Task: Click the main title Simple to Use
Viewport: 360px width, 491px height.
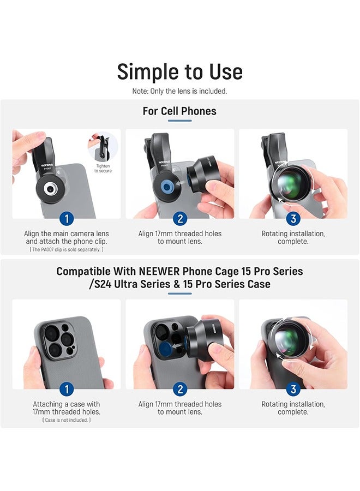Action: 179,71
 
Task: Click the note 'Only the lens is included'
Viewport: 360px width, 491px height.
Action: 179,91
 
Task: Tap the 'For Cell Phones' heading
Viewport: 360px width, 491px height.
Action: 179,111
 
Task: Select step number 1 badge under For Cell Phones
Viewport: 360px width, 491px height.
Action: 67,219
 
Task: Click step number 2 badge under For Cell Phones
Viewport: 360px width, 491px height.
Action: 180,219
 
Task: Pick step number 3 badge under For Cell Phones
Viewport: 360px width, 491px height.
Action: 293,219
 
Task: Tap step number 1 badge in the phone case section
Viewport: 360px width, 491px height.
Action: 67,389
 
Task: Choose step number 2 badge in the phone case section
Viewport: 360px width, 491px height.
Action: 180,389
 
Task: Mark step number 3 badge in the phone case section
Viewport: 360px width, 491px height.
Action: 293,389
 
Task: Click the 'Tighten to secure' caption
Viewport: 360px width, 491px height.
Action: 103,168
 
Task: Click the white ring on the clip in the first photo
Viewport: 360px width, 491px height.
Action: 50,189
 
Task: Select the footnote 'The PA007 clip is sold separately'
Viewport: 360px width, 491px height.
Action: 67,249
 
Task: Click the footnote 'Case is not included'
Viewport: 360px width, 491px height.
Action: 67,420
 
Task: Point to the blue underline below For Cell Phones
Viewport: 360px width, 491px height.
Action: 179,121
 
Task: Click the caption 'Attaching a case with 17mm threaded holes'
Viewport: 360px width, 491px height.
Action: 67,408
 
